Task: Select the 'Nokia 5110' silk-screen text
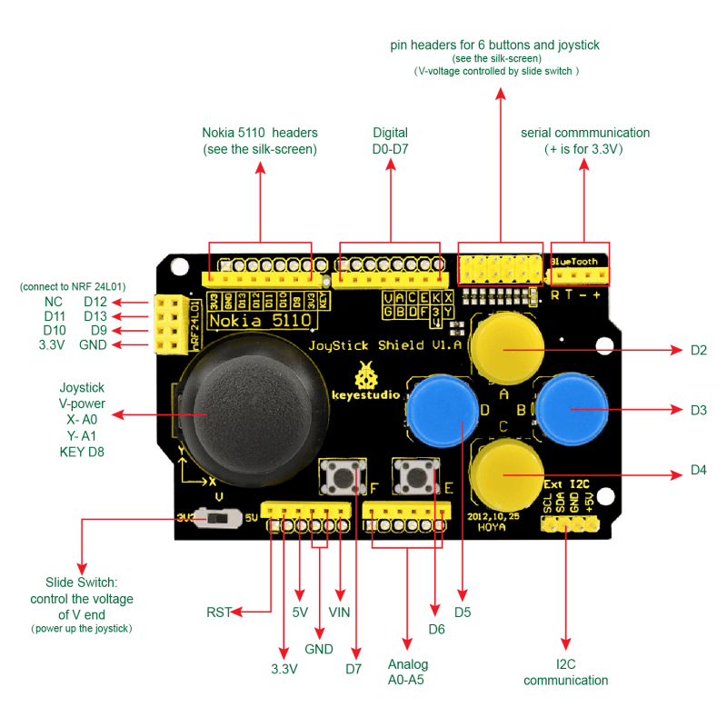click(x=261, y=320)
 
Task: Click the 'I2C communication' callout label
click(x=565, y=672)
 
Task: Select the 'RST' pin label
click(x=219, y=612)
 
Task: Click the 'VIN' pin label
click(x=339, y=612)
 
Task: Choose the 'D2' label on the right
click(x=698, y=350)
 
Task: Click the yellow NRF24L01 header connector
click(x=169, y=324)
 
